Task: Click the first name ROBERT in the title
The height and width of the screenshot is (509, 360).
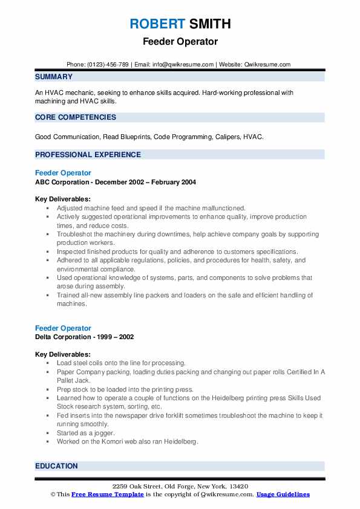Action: click(x=156, y=24)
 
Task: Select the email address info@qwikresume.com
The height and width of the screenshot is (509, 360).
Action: click(x=185, y=65)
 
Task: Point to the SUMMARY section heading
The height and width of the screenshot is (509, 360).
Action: click(x=54, y=77)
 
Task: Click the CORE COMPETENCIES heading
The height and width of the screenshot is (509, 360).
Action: click(x=76, y=117)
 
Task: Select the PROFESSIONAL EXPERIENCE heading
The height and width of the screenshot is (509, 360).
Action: click(x=88, y=155)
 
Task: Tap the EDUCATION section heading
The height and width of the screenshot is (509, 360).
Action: click(x=56, y=466)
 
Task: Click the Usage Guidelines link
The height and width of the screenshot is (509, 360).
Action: click(x=283, y=494)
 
